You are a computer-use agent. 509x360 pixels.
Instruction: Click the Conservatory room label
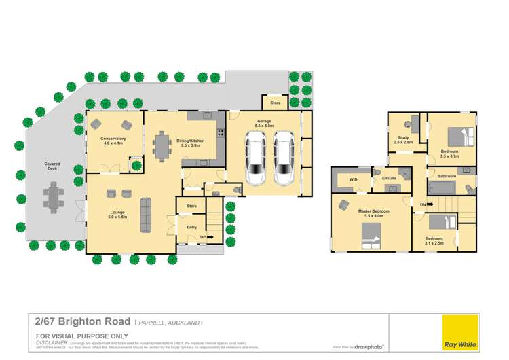[114, 139]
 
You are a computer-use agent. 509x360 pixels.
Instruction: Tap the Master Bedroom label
[374, 211]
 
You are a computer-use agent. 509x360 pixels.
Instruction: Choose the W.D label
[354, 179]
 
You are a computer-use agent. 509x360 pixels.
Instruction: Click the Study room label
[403, 139]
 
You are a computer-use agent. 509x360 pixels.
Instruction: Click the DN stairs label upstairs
[424, 204]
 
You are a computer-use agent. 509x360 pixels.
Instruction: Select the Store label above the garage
[275, 103]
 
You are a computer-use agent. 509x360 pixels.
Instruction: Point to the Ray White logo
[459, 332]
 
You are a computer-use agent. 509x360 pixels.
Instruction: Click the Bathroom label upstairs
[447, 177]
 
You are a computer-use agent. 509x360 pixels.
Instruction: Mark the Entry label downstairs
[192, 228]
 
